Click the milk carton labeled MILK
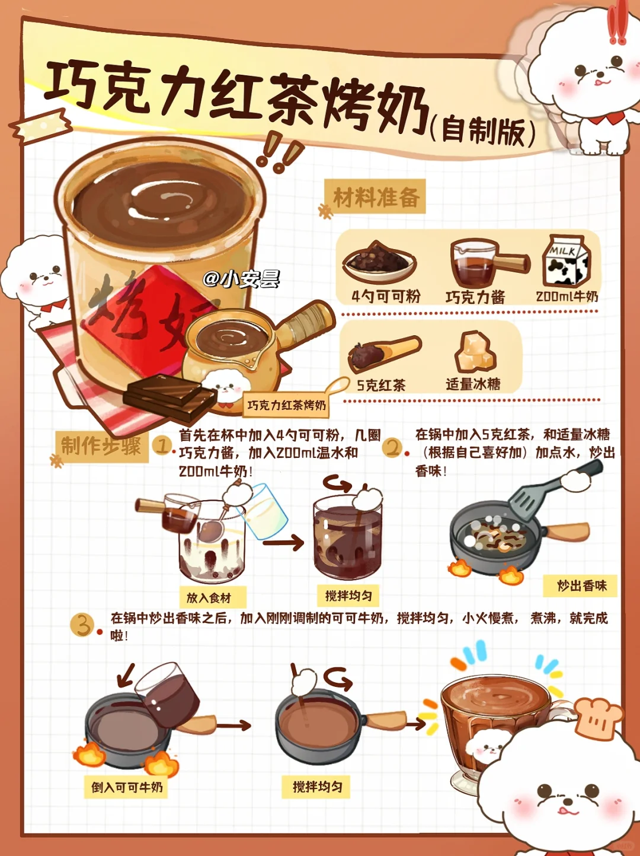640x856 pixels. [x=567, y=261]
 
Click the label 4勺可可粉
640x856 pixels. [x=386, y=297]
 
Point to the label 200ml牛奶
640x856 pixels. [x=567, y=297]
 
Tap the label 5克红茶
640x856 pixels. [x=381, y=386]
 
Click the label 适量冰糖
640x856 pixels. [x=473, y=384]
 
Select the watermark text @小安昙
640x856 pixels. [x=241, y=279]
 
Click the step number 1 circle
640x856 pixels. [x=162, y=446]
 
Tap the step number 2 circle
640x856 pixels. [x=392, y=448]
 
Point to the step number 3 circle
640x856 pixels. [x=81, y=625]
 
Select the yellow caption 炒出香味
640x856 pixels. [x=580, y=585]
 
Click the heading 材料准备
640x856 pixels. [x=376, y=196]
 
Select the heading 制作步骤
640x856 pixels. [x=101, y=446]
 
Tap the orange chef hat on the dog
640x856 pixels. [x=597, y=718]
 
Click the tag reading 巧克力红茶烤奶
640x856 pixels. [x=286, y=405]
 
